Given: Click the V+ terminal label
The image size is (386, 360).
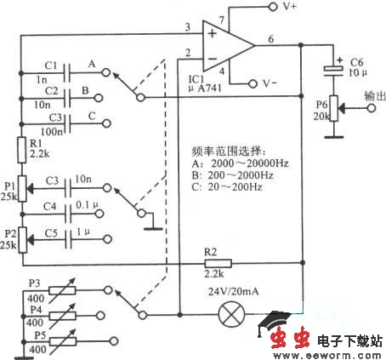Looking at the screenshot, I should pos(290,7).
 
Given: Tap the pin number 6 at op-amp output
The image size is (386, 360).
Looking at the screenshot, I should pos(270,39).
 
